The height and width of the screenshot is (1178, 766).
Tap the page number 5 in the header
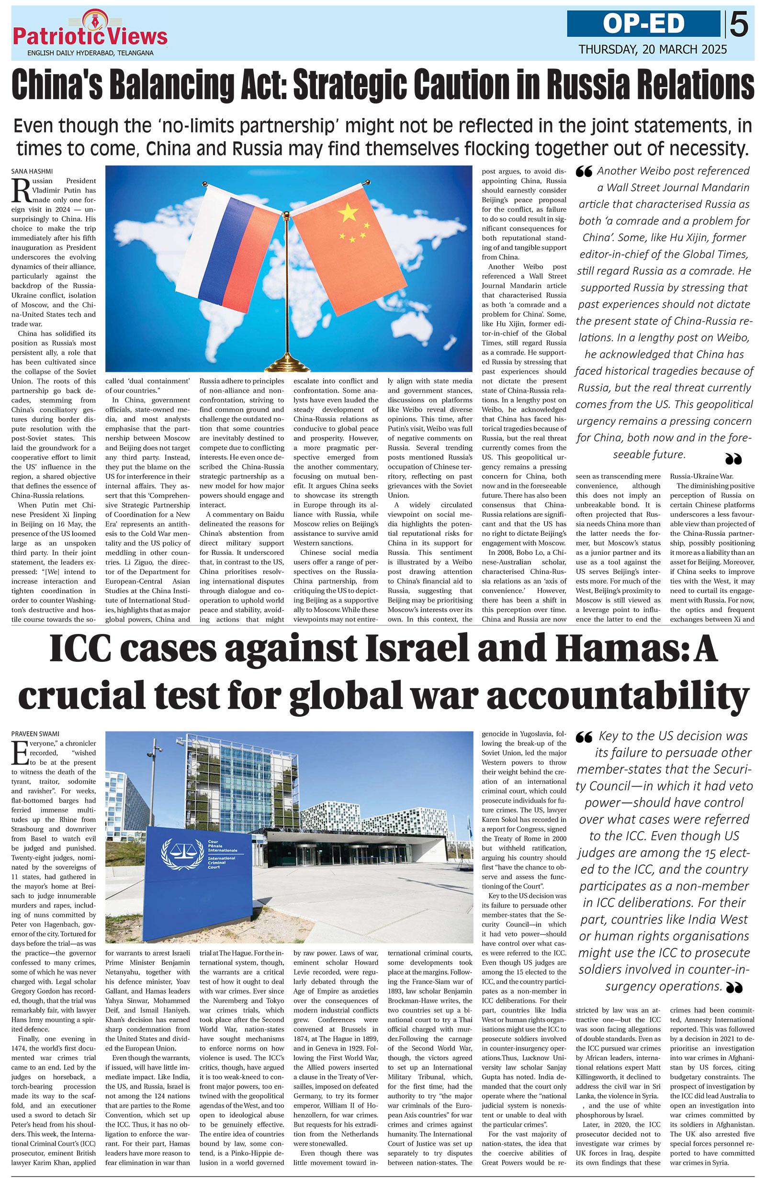[x=739, y=25]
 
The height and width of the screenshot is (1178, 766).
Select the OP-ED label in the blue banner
[x=643, y=24]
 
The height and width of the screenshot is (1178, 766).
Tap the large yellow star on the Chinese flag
[x=349, y=212]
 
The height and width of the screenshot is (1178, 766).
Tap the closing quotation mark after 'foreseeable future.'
[x=733, y=459]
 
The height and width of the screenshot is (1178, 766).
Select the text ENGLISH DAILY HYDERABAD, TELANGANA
[x=90, y=53]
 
